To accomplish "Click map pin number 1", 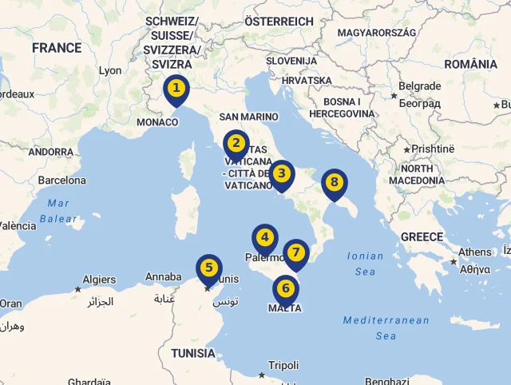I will (x=176, y=89).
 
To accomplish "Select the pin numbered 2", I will (x=236, y=145).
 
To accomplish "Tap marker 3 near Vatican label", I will (x=281, y=173).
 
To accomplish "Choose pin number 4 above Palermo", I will (x=265, y=238).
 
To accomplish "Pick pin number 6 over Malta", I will (x=286, y=288).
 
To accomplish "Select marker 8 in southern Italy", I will (x=335, y=183).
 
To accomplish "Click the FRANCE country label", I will (x=57, y=48).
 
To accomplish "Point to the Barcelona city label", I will (x=61, y=181).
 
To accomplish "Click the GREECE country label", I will (x=422, y=236).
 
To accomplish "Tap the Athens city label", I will (x=475, y=252).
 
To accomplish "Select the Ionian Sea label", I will (x=365, y=264).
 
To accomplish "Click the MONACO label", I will (x=157, y=122).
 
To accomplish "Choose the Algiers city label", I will (x=99, y=280).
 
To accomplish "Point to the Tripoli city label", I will (x=283, y=366).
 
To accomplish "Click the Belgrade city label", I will (x=419, y=86).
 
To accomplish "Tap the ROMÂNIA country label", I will (x=470, y=64).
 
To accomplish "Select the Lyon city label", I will (x=110, y=70).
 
